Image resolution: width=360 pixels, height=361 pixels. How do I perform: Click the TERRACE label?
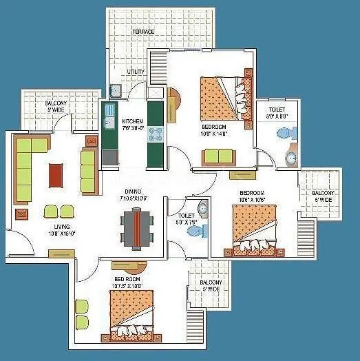coord(144,32)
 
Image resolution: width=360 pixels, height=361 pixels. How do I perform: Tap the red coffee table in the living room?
coord(56,174)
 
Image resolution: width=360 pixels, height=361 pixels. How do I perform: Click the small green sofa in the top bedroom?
coord(218,156)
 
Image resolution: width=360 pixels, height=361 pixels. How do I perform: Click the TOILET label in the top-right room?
coord(277,110)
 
